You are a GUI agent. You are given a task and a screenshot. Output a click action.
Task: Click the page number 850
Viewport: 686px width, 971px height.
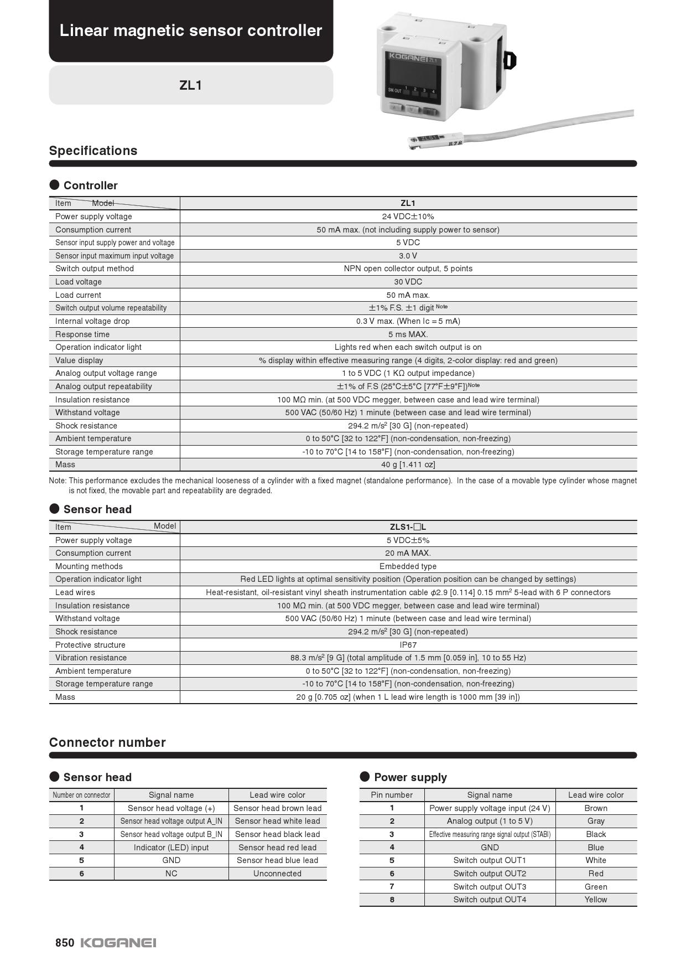click(x=64, y=943)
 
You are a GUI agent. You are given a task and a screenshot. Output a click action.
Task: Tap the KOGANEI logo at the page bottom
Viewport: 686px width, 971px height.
click(x=118, y=943)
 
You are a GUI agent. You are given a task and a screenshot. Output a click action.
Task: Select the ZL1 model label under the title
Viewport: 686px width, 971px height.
click(x=190, y=85)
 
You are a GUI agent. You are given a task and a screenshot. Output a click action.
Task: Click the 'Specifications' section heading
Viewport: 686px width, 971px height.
click(x=93, y=151)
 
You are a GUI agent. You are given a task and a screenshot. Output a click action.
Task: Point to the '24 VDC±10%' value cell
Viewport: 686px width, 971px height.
click(x=408, y=216)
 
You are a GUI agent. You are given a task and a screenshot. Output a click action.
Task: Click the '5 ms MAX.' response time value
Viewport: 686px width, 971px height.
click(x=408, y=334)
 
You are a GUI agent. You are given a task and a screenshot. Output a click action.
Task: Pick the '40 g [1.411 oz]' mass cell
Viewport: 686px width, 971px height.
click(x=408, y=464)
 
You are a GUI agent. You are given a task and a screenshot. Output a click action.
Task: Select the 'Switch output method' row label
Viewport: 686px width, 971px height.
click(x=95, y=268)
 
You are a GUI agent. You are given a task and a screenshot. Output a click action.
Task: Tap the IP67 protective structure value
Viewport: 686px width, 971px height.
click(x=408, y=645)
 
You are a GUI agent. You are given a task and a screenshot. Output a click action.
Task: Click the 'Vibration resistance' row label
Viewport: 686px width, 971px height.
click(x=91, y=658)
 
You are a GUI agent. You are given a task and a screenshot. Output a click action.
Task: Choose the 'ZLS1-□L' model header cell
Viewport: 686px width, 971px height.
click(x=408, y=527)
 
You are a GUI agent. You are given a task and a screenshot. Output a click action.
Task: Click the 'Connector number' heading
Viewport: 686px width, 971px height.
click(x=107, y=742)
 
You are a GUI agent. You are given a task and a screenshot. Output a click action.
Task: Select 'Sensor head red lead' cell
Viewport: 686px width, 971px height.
click(x=277, y=848)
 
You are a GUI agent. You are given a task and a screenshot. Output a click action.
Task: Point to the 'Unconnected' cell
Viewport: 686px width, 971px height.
click(x=277, y=874)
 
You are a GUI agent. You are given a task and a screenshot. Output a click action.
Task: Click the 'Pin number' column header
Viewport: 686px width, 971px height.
click(x=392, y=795)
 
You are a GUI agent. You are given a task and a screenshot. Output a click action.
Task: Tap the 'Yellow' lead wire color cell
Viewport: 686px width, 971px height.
click(x=596, y=900)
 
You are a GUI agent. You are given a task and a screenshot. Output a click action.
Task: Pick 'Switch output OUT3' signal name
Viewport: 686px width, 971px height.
click(x=490, y=887)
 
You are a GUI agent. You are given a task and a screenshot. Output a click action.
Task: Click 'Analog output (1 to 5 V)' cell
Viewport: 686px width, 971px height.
click(x=490, y=821)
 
